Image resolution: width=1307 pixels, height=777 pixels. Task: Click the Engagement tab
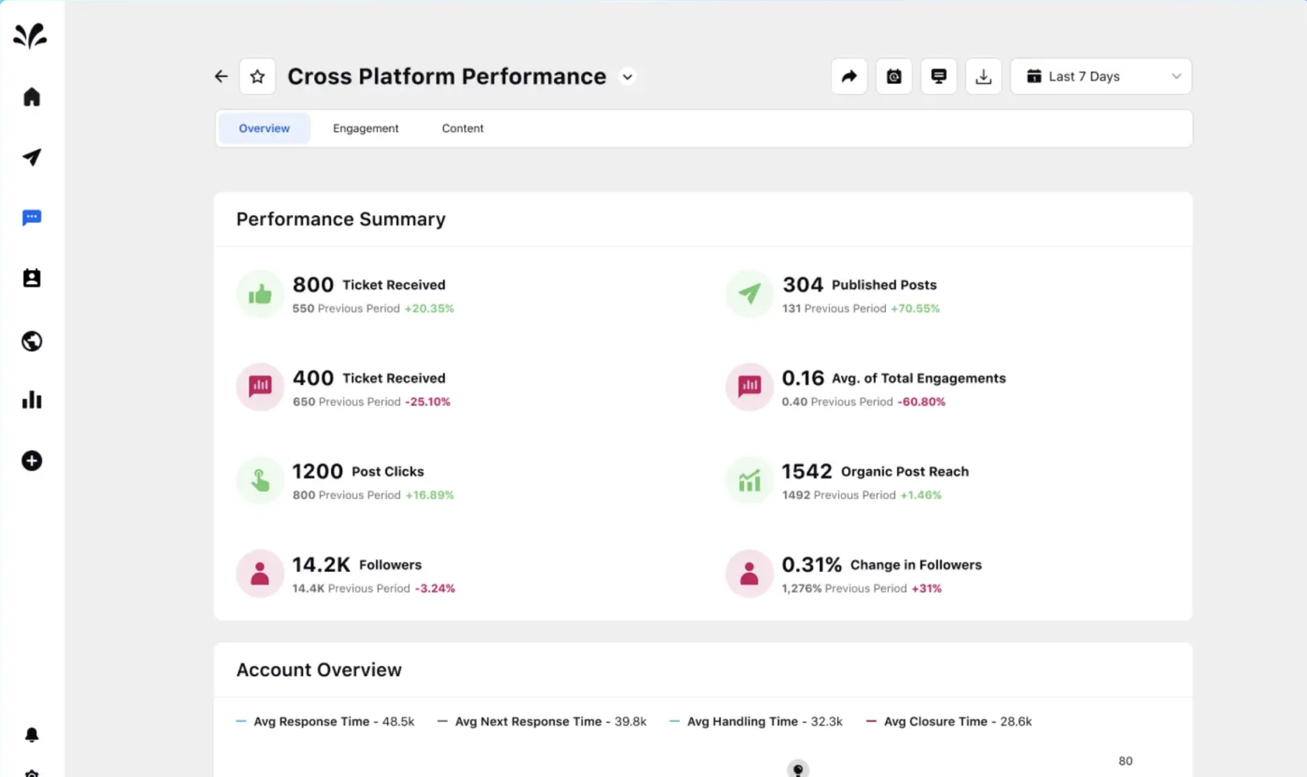365,128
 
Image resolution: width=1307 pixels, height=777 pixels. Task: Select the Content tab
462,128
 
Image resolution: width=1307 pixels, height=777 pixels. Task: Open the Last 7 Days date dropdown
1101,77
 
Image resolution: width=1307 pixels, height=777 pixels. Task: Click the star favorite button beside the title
257,77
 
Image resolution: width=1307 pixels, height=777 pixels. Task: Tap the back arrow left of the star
221,77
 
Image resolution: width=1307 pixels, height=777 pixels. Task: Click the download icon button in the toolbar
983,77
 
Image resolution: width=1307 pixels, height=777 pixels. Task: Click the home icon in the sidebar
31,97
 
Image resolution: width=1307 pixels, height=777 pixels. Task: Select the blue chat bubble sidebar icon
31,217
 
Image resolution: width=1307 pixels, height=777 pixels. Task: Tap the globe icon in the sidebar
31,341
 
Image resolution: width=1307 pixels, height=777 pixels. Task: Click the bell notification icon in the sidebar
31,735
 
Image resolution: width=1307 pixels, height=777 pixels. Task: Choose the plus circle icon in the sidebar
31,461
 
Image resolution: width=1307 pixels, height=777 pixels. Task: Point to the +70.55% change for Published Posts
915,308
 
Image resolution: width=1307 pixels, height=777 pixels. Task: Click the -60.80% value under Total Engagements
921,401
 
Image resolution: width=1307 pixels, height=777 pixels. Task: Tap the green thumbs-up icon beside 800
260,294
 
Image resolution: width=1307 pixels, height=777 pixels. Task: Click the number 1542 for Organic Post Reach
807,471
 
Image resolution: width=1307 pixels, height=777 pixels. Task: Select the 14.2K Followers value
321,564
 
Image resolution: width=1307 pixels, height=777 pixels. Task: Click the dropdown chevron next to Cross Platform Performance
627,77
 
